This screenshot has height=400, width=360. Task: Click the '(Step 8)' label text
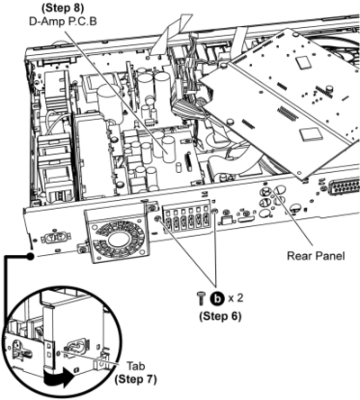pyautogui.click(x=63, y=8)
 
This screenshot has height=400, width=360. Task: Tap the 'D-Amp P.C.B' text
pyautogui.click(x=63, y=22)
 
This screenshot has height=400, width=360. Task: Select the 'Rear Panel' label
pyautogui.click(x=316, y=256)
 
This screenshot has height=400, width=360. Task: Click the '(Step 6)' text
pyautogui.click(x=220, y=316)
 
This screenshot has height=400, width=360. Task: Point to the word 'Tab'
pyautogui.click(x=136, y=367)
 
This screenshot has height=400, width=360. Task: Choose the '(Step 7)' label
pyautogui.click(x=136, y=379)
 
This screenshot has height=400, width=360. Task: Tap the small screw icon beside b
pyautogui.click(x=202, y=298)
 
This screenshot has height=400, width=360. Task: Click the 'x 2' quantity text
pyautogui.click(x=235, y=298)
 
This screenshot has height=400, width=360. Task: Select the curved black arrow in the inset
pyautogui.click(x=58, y=376)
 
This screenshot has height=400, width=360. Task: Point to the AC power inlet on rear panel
pyautogui.click(x=56, y=238)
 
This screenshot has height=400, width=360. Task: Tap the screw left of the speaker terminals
pyautogui.click(x=157, y=219)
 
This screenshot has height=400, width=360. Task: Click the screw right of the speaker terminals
pyautogui.click(x=214, y=212)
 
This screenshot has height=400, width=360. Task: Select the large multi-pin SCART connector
pyautogui.click(x=345, y=187)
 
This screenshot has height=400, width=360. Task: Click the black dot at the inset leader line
pyautogui.click(x=30, y=256)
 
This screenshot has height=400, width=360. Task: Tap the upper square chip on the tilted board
pyautogui.click(x=304, y=62)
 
